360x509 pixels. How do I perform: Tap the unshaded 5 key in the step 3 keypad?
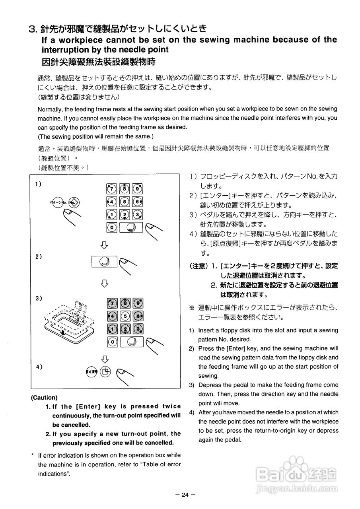[x=125, y=317]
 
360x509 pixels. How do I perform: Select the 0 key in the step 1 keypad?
[x=112, y=227]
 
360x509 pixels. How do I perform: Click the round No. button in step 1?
[x=74, y=202]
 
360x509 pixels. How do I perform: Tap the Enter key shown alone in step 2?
[x=104, y=261]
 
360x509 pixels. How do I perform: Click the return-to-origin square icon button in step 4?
[x=105, y=372]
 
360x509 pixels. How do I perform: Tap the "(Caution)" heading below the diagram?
[x=44, y=397]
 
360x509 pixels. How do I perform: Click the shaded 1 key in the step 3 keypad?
[x=112, y=329]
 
